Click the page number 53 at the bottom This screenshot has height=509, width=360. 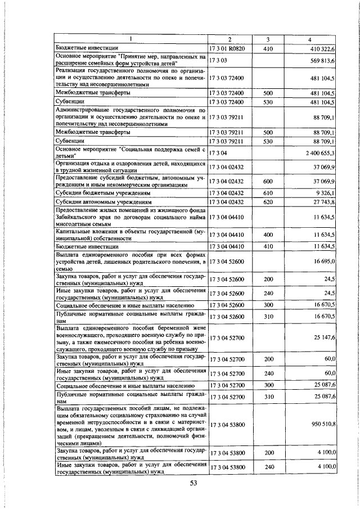point(193,483)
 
